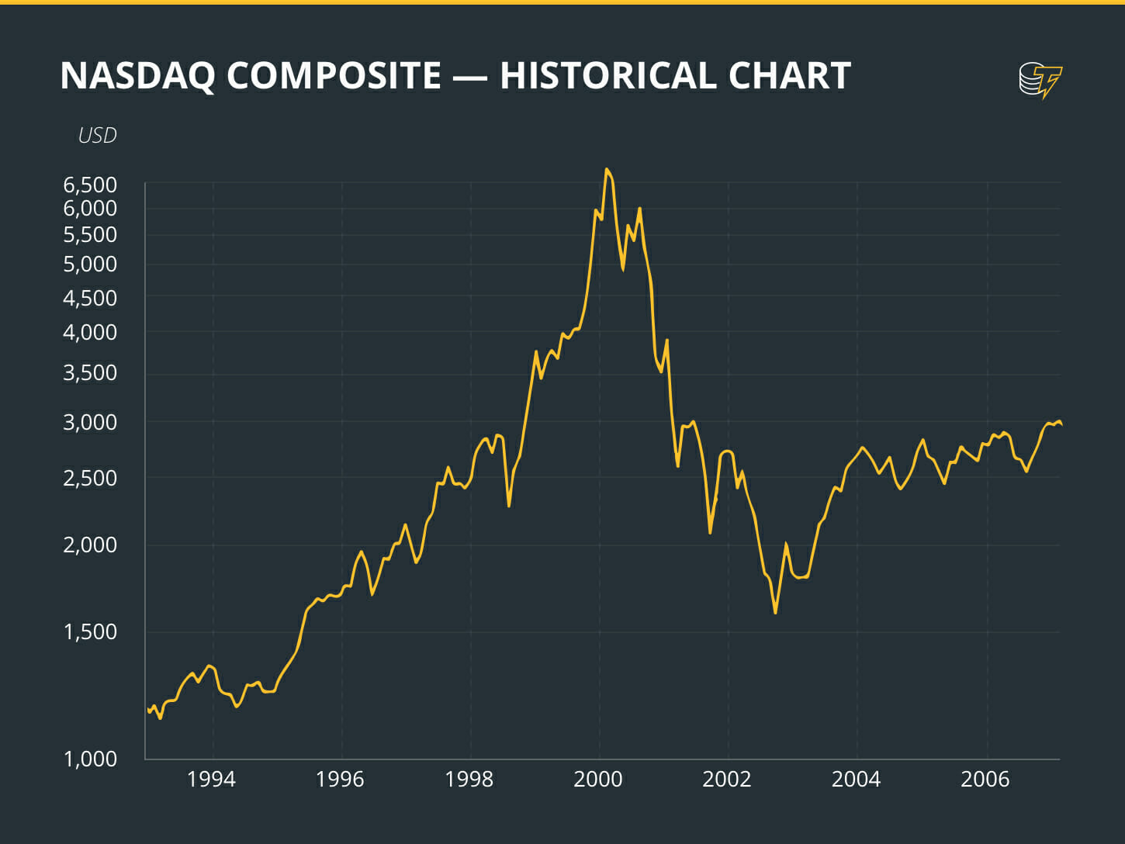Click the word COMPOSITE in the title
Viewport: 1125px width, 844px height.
click(334, 76)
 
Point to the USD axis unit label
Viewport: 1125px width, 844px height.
click(97, 135)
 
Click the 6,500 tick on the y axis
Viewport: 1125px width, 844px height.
click(90, 185)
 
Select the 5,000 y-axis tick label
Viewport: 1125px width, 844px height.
click(90, 264)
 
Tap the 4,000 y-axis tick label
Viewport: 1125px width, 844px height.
click(90, 332)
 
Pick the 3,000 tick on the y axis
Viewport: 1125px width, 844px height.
click(90, 422)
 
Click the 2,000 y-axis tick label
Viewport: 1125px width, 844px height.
click(90, 545)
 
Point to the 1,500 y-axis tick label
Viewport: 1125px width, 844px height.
click(90, 631)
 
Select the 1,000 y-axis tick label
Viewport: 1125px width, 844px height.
click(90, 759)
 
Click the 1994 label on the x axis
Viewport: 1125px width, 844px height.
click(211, 779)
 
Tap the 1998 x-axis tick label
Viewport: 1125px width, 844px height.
click(469, 779)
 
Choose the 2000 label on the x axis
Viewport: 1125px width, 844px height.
click(598, 779)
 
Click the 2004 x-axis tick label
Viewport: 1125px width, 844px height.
click(856, 779)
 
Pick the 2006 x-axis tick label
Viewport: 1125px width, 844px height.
click(985, 779)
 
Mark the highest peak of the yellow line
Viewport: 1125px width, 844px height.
click(607, 169)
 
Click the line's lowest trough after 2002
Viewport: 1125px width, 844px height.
click(775, 613)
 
